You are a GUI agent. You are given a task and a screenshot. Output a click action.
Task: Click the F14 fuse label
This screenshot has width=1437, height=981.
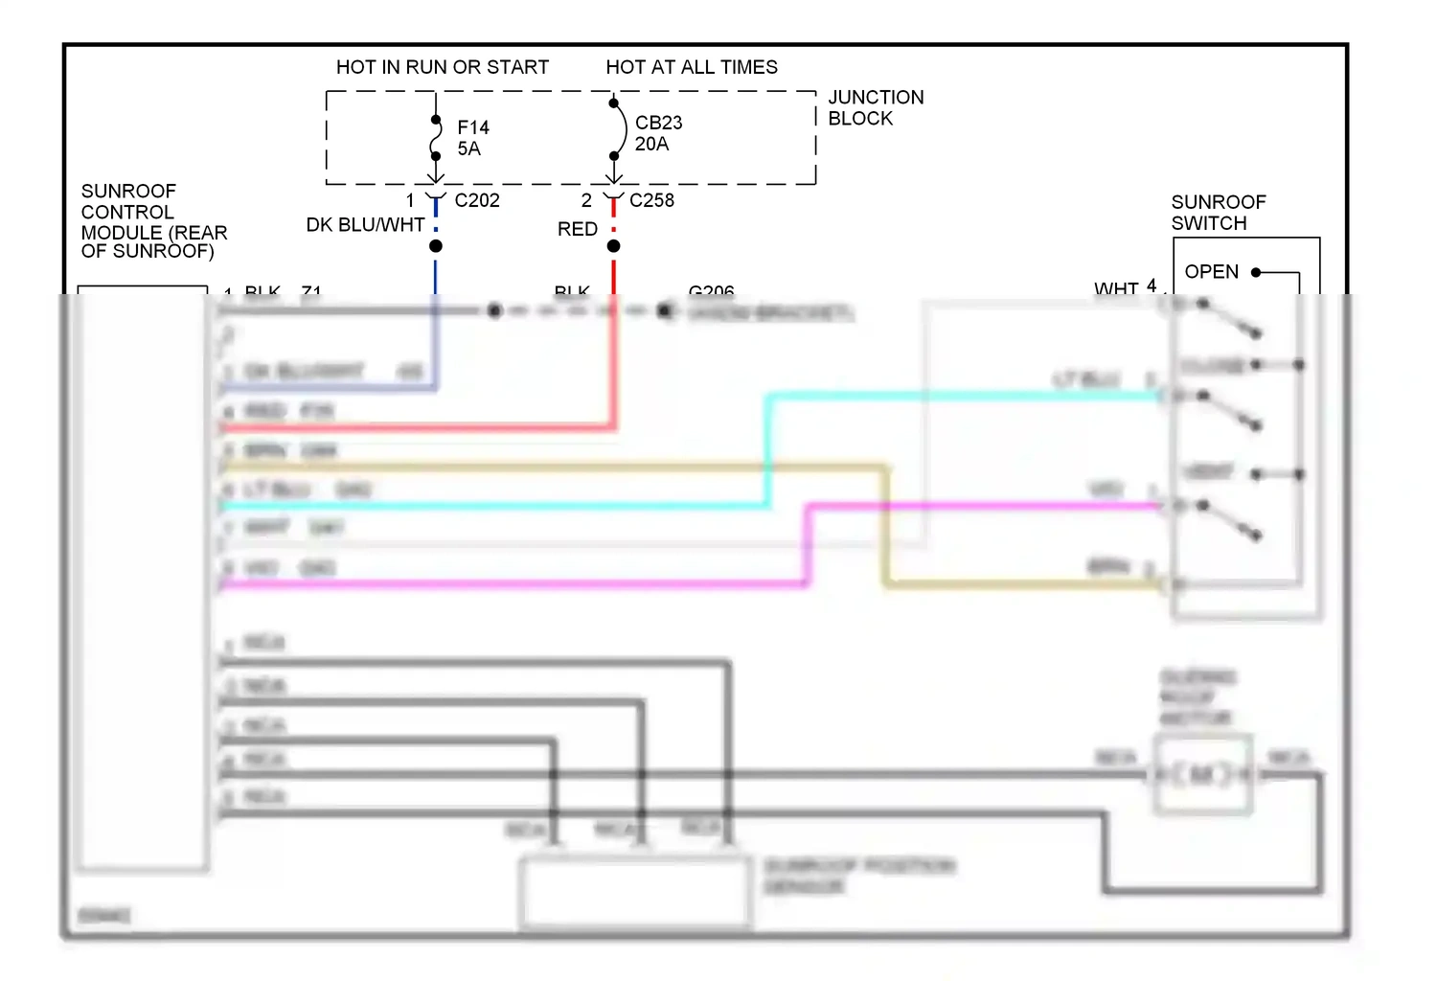click(x=473, y=127)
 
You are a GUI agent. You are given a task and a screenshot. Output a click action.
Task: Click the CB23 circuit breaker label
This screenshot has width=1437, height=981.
click(x=658, y=123)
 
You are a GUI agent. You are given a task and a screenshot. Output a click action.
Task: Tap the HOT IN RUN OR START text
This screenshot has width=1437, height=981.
click(x=442, y=67)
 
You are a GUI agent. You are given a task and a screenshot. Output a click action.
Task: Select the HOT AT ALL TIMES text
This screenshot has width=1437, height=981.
click(x=691, y=67)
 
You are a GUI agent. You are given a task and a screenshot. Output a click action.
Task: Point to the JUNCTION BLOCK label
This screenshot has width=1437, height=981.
click(x=875, y=107)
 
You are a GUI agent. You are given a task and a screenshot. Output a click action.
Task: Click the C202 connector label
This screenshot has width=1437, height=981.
click(x=476, y=200)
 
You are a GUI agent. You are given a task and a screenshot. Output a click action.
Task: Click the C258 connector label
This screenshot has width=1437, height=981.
click(x=651, y=200)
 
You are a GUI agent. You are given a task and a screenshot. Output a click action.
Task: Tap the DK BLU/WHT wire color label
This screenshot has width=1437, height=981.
click(x=365, y=225)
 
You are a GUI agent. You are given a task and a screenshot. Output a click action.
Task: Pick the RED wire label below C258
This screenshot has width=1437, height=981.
click(x=577, y=229)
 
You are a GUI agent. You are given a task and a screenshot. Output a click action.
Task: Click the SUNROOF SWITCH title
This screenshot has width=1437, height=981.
click(x=1218, y=213)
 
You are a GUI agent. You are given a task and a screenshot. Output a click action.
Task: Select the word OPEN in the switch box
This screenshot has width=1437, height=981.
click(x=1211, y=272)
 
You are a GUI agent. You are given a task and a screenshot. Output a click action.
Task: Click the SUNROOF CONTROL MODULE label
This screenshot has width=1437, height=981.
click(x=153, y=221)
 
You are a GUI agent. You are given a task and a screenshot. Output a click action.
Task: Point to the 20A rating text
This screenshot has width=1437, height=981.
click(x=651, y=144)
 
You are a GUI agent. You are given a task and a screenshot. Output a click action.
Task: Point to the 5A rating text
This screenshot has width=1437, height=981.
click(x=468, y=148)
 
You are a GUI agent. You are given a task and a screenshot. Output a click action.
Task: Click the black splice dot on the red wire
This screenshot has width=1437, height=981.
click(x=614, y=246)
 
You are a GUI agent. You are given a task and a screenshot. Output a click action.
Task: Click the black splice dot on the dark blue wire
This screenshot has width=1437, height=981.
click(x=436, y=246)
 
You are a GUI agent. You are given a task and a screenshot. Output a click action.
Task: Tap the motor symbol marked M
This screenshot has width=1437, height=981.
click(x=1202, y=774)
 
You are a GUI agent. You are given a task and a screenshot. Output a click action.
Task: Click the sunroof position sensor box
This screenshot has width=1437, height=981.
click(x=635, y=892)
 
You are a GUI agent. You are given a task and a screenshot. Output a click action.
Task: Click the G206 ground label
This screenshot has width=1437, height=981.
click(x=711, y=290)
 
